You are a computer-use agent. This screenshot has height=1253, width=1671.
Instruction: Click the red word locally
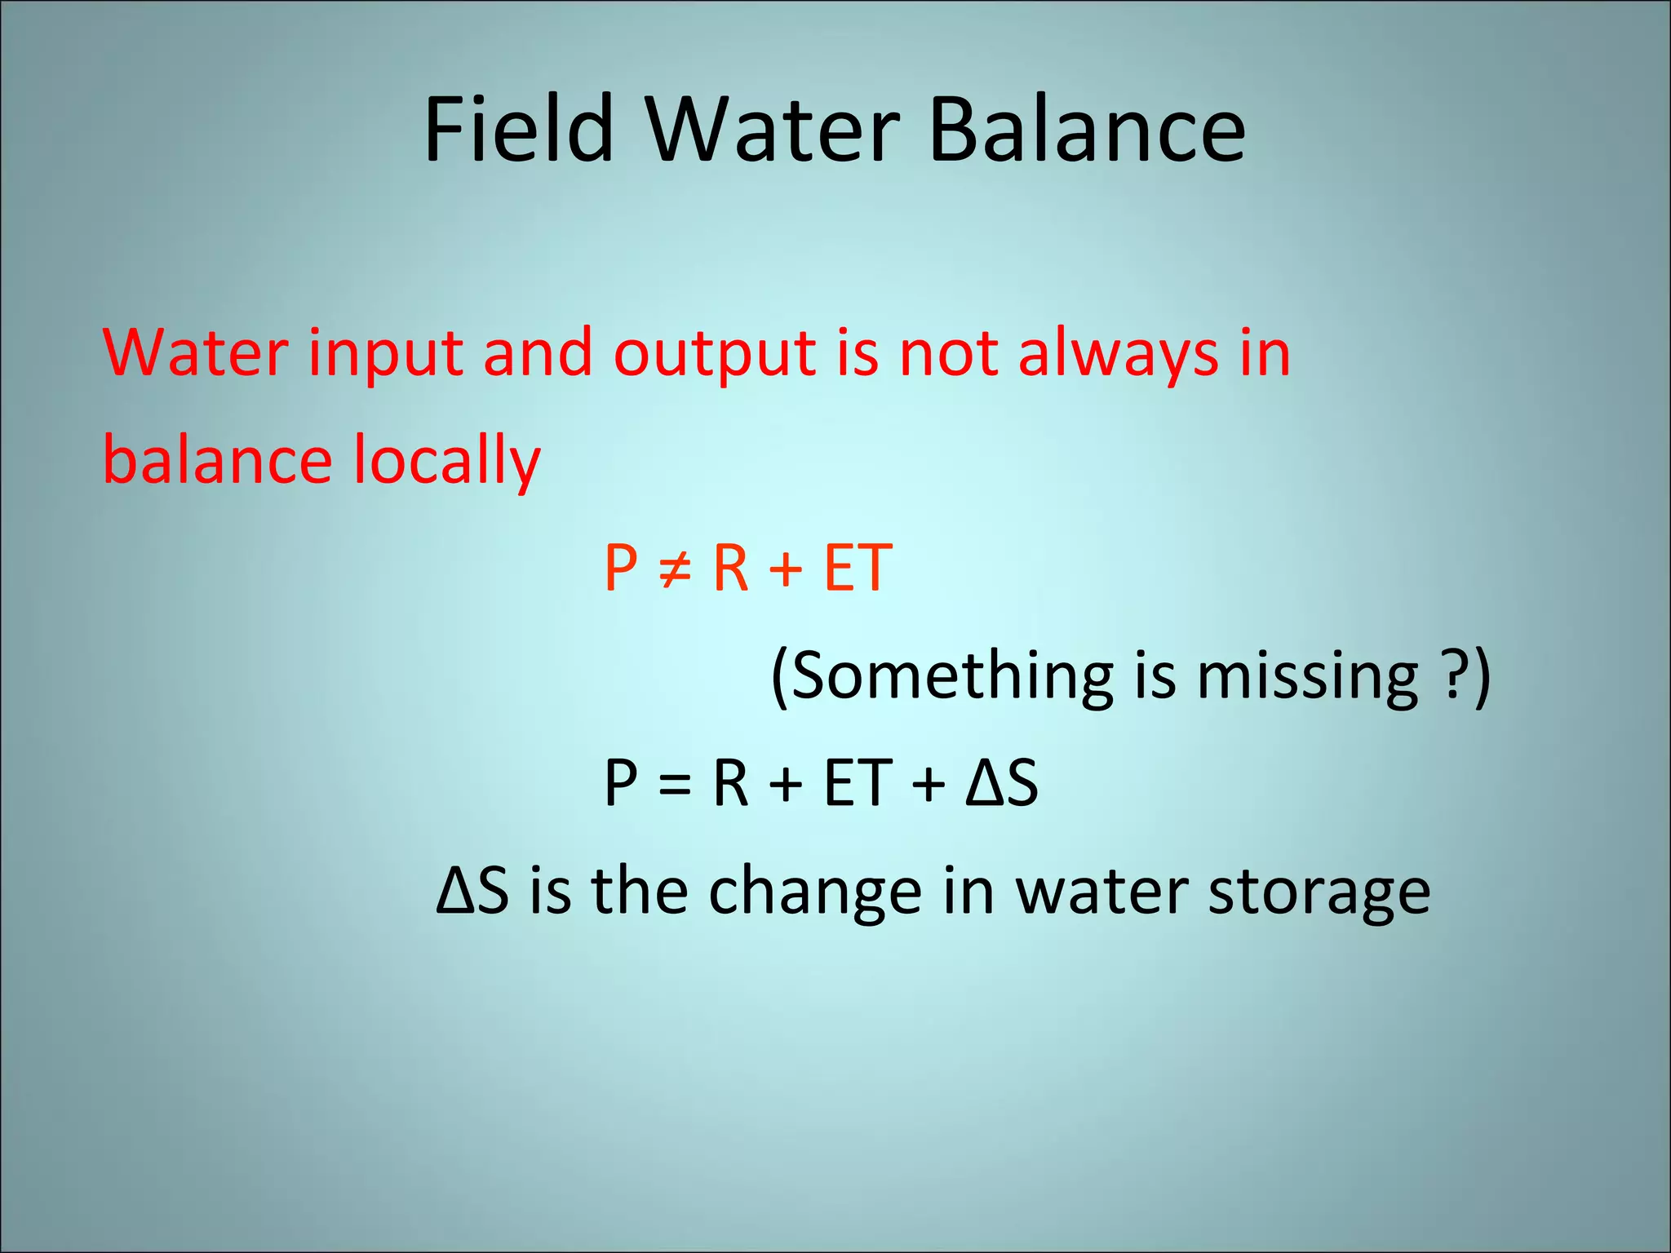tap(447, 461)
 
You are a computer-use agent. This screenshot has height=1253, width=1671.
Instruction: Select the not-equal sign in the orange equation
tap(675, 568)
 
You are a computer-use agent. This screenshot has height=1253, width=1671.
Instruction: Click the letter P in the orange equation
tap(620, 568)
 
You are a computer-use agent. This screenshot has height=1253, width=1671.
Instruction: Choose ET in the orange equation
tap(857, 568)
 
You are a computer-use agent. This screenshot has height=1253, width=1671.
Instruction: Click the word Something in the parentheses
tap(951, 676)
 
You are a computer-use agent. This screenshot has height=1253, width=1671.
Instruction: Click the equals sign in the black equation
tap(675, 784)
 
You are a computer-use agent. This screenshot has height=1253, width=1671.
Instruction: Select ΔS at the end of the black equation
tap(1001, 783)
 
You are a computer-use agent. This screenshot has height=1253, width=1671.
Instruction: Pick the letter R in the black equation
tap(730, 783)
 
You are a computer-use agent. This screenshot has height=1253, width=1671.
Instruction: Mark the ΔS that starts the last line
tap(472, 891)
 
